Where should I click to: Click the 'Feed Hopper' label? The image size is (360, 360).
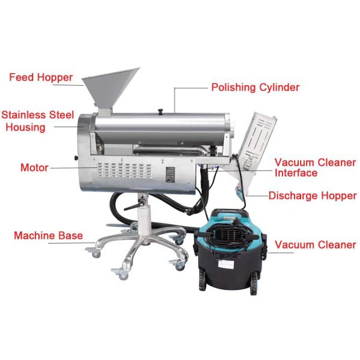[41, 77]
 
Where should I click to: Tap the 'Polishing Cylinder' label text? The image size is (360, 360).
[256, 87]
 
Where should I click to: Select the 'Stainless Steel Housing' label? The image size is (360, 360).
[38, 121]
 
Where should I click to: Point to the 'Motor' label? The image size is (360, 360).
[34, 167]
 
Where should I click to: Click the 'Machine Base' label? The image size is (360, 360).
[48, 236]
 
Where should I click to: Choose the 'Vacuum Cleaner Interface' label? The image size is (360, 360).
[315, 167]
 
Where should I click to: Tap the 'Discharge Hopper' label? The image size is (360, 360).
[313, 196]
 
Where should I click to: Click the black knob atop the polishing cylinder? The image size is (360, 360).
[160, 111]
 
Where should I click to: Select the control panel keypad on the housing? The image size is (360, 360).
[170, 175]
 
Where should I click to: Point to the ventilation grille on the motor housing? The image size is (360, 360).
[124, 170]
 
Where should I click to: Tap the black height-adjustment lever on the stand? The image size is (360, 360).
[134, 206]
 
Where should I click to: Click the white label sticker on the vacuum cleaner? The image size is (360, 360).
[226, 264]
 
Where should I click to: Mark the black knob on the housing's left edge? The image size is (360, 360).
[76, 158]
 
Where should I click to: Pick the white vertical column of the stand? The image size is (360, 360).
[145, 220]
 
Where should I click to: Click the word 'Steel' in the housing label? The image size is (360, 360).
[61, 115]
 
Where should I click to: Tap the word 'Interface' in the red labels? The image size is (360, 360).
[296, 173]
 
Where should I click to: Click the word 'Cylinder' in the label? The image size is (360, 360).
[280, 88]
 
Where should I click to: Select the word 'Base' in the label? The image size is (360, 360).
[70, 236]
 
